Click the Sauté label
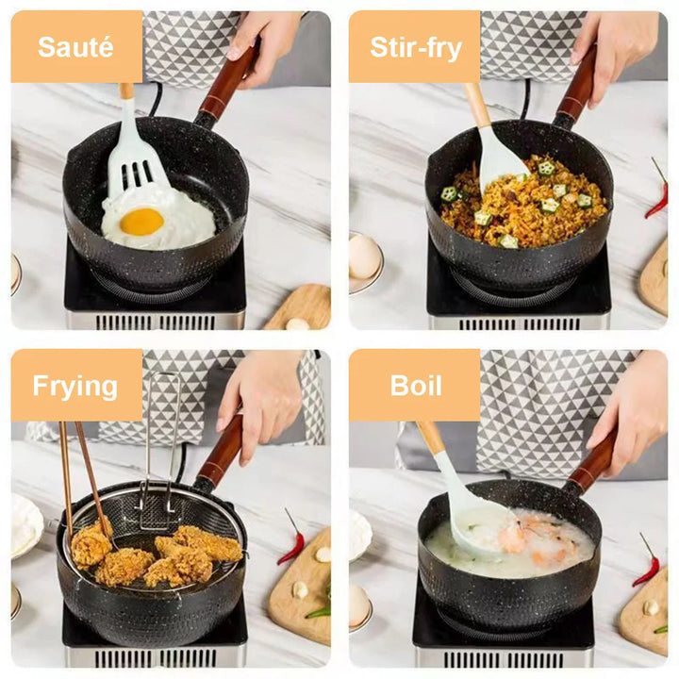[x=76, y=46]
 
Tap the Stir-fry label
[x=414, y=46]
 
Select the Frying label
[x=75, y=385]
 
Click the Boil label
[x=415, y=385]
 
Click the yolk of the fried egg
[x=141, y=222]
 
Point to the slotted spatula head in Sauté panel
[x=133, y=164]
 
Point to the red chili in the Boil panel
[x=648, y=566]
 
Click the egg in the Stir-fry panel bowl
[x=364, y=257]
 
